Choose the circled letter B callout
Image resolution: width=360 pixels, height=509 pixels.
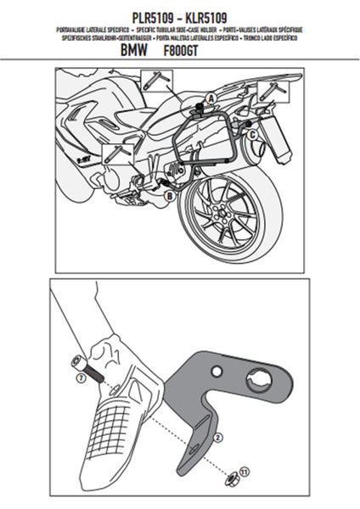[170, 195]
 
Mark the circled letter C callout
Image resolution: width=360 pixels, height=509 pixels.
[253, 133]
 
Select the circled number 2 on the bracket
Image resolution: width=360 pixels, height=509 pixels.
[217, 439]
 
